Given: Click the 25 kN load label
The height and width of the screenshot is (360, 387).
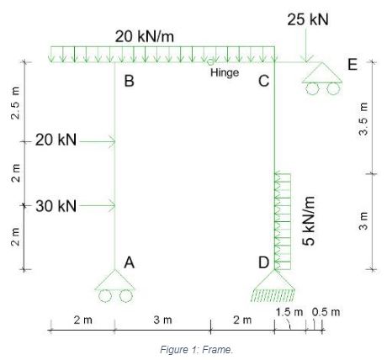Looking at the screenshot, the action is pyautogui.click(x=308, y=19).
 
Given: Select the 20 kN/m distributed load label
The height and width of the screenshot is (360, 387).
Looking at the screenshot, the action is pyautogui.click(x=145, y=36).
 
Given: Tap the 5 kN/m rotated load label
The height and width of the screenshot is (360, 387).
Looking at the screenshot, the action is pyautogui.click(x=309, y=221).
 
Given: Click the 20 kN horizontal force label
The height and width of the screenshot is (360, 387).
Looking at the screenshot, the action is pyautogui.click(x=56, y=140).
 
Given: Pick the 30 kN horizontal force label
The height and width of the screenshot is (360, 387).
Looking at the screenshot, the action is pyautogui.click(x=56, y=206).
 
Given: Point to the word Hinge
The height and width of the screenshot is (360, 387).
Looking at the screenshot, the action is pyautogui.click(x=225, y=73).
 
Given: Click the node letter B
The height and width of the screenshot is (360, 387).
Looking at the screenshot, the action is pyautogui.click(x=129, y=81).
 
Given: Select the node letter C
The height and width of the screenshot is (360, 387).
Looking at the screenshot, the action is pyautogui.click(x=263, y=81).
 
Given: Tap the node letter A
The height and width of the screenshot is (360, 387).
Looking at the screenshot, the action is pyautogui.click(x=129, y=262).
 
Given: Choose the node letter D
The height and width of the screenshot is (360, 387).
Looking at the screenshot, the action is pyautogui.click(x=263, y=262).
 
